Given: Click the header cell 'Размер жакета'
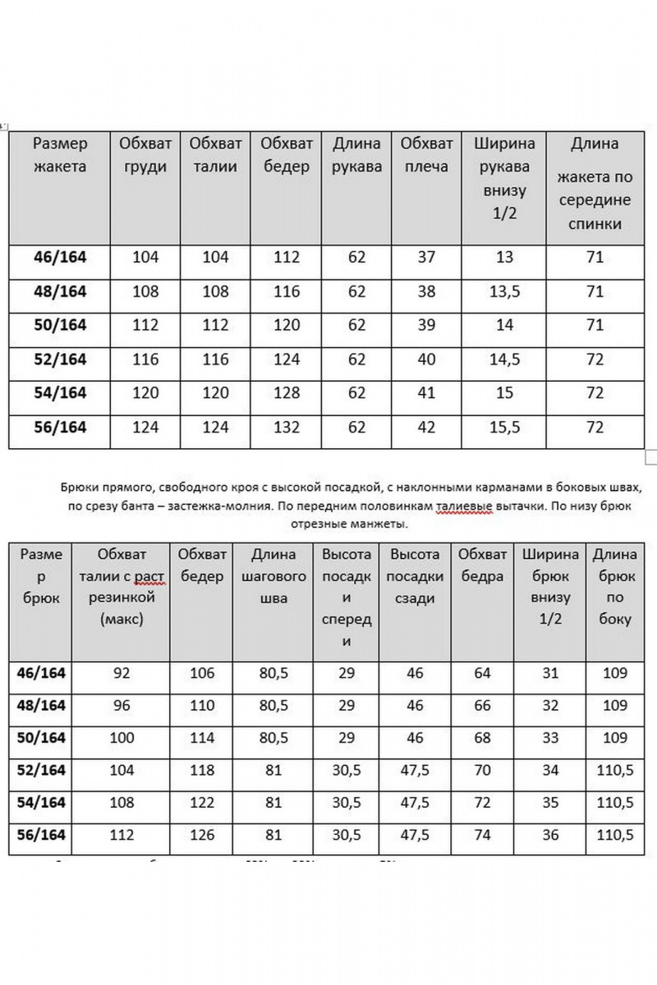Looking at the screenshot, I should click(60, 155).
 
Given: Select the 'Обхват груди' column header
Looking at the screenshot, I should click(145, 155).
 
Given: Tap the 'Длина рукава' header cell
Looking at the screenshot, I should click(356, 155).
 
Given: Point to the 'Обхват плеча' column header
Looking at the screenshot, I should click(426, 155).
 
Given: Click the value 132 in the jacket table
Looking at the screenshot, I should click(286, 428).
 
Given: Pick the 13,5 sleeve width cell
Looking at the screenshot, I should click(504, 291).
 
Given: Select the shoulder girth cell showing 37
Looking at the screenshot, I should click(426, 257).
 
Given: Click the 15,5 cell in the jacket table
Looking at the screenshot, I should click(504, 428).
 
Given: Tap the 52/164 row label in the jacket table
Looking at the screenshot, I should click(60, 360).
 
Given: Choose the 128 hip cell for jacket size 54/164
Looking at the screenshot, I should click(286, 393).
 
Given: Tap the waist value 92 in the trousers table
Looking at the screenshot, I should click(121, 673).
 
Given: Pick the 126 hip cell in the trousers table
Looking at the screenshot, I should click(201, 835).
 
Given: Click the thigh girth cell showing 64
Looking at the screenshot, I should click(483, 673).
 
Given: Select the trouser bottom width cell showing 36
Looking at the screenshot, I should click(551, 835).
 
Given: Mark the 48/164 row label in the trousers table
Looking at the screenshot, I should click(40, 705).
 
